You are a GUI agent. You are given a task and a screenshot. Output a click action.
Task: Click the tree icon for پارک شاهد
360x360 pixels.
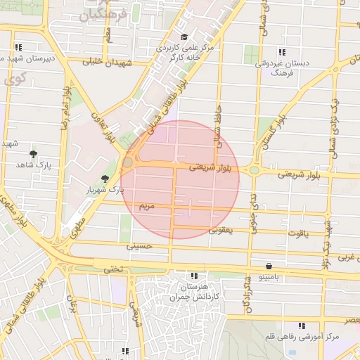(x=33, y=154)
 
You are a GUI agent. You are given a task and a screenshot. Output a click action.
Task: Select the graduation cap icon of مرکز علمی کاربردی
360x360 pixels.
(x=184, y=37)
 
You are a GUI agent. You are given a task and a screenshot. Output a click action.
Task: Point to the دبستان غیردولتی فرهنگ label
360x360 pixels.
(x=282, y=67)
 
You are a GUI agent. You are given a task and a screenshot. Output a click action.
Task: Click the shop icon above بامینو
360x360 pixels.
(x=270, y=266)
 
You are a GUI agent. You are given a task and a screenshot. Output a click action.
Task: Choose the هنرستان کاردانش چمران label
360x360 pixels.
(x=194, y=292)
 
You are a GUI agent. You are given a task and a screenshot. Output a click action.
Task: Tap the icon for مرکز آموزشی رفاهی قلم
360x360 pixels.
(x=302, y=326)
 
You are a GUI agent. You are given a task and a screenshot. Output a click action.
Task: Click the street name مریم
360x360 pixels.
(x=146, y=207)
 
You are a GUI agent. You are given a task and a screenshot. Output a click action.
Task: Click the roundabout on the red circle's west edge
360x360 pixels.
(x=127, y=162)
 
